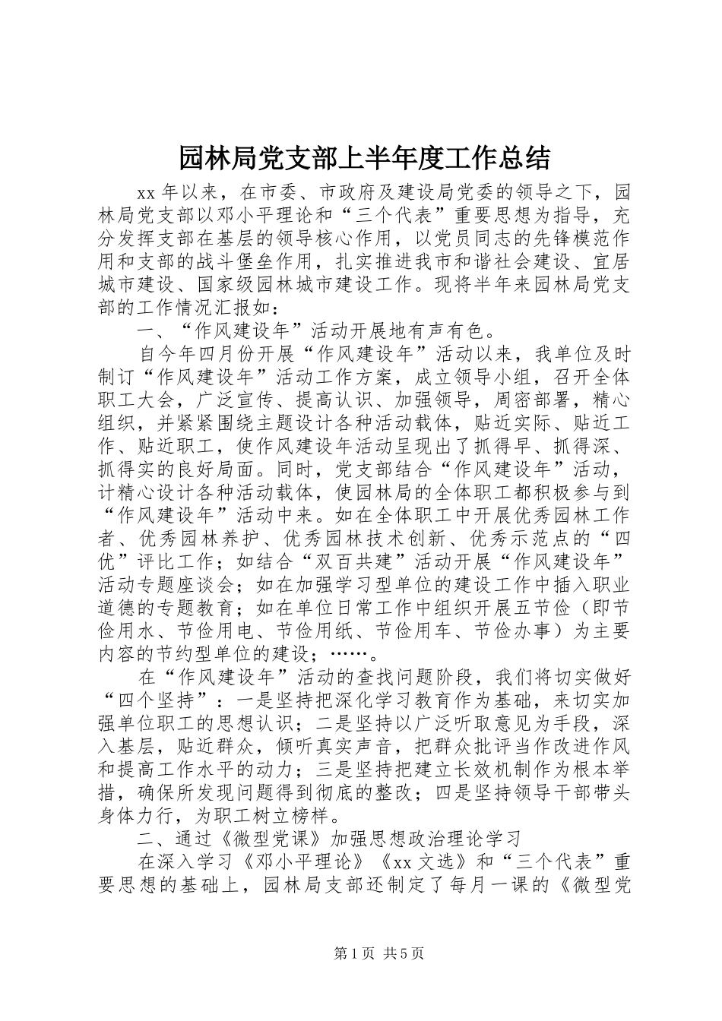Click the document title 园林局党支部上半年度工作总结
point(360,158)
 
